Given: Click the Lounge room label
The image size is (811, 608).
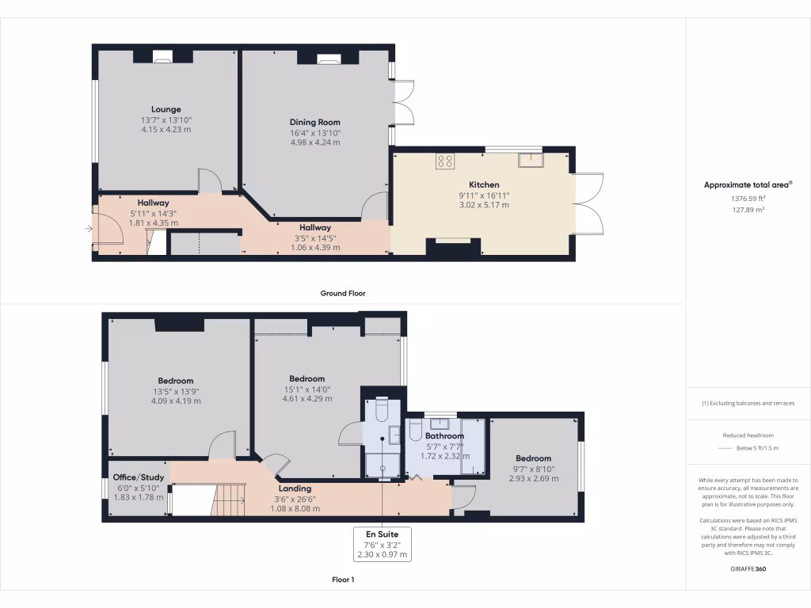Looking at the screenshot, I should (x=166, y=109).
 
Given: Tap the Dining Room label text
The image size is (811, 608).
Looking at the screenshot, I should (x=314, y=122).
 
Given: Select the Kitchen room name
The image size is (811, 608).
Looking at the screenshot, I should (x=484, y=184).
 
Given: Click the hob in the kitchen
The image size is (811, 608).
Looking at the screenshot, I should (x=445, y=161).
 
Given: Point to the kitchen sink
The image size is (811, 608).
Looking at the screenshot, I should (x=529, y=161).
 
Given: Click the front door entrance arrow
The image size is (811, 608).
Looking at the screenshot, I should (x=87, y=230).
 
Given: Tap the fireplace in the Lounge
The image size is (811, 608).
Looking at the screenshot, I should (x=162, y=56).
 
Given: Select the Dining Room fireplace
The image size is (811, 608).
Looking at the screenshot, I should (x=328, y=58).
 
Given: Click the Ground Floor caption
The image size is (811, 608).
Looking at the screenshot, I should (x=343, y=293).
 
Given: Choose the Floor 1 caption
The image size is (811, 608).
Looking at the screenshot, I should (x=343, y=579).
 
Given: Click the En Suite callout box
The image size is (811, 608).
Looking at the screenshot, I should (x=383, y=544).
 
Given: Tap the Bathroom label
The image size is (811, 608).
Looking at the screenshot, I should (x=444, y=436).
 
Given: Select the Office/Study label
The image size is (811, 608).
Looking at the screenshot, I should (x=138, y=477).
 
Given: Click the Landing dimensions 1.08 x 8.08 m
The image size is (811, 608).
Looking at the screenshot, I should (x=296, y=508).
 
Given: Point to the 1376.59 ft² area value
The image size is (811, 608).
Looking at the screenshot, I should (x=748, y=199).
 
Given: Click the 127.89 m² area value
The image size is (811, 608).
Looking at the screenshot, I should (x=748, y=211).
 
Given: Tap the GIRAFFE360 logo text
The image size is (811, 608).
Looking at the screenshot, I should (x=748, y=568).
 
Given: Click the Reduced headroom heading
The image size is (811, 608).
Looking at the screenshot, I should (x=748, y=435).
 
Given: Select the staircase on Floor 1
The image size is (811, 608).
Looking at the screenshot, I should (x=230, y=500).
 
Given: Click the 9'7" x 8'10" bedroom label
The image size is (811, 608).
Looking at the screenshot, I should (x=532, y=469).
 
